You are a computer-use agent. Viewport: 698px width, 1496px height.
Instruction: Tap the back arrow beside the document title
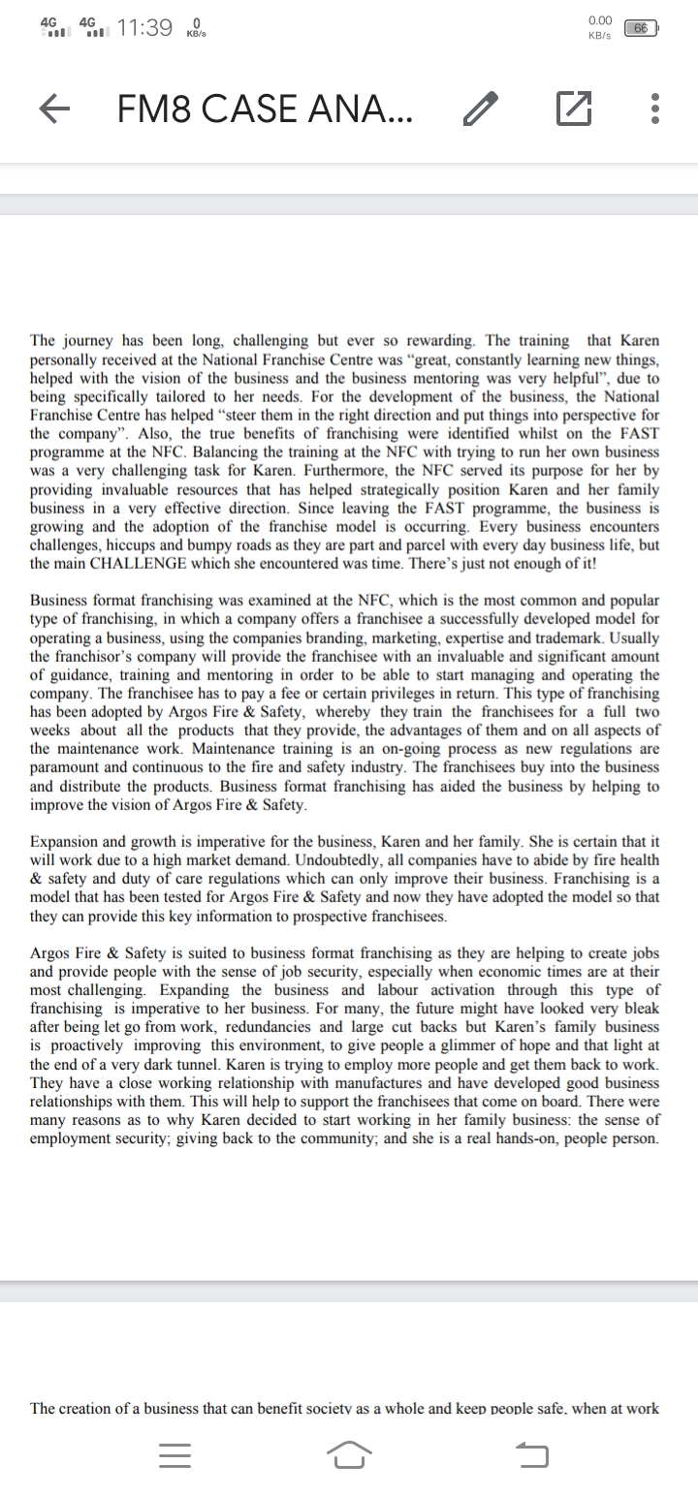coord(55,109)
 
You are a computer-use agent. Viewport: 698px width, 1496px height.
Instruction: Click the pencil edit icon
coord(481,109)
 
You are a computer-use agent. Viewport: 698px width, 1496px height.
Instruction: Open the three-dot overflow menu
coord(655,109)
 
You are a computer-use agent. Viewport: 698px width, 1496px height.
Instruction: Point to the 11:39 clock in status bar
coord(143,28)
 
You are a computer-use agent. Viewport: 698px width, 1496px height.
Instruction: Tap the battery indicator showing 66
coord(641,29)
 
